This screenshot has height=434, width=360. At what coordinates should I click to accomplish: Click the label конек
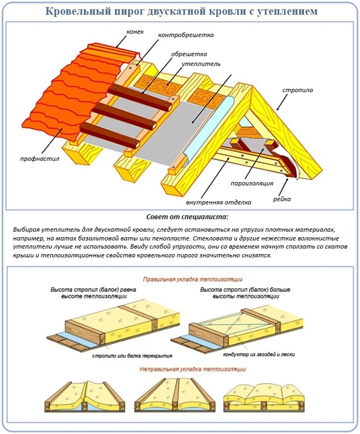[135, 31]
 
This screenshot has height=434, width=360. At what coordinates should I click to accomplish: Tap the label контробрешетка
[186, 35]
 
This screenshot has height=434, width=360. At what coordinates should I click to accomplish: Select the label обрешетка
[189, 54]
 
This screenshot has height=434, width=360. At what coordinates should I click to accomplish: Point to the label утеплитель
[201, 64]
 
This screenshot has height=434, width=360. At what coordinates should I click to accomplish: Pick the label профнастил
[39, 159]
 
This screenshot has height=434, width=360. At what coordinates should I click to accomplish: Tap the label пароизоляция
[252, 183]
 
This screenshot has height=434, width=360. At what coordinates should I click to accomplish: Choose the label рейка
[282, 199]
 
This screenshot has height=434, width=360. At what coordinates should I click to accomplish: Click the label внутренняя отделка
[218, 202]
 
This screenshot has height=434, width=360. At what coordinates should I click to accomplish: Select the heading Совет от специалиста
[187, 217]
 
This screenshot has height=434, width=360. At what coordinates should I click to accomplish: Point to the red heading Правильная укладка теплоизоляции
[193, 279]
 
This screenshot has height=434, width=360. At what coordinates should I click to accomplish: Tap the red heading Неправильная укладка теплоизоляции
[193, 369]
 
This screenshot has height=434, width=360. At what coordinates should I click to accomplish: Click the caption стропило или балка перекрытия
[132, 356]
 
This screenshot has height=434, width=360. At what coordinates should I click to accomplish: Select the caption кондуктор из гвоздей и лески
[259, 354]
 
